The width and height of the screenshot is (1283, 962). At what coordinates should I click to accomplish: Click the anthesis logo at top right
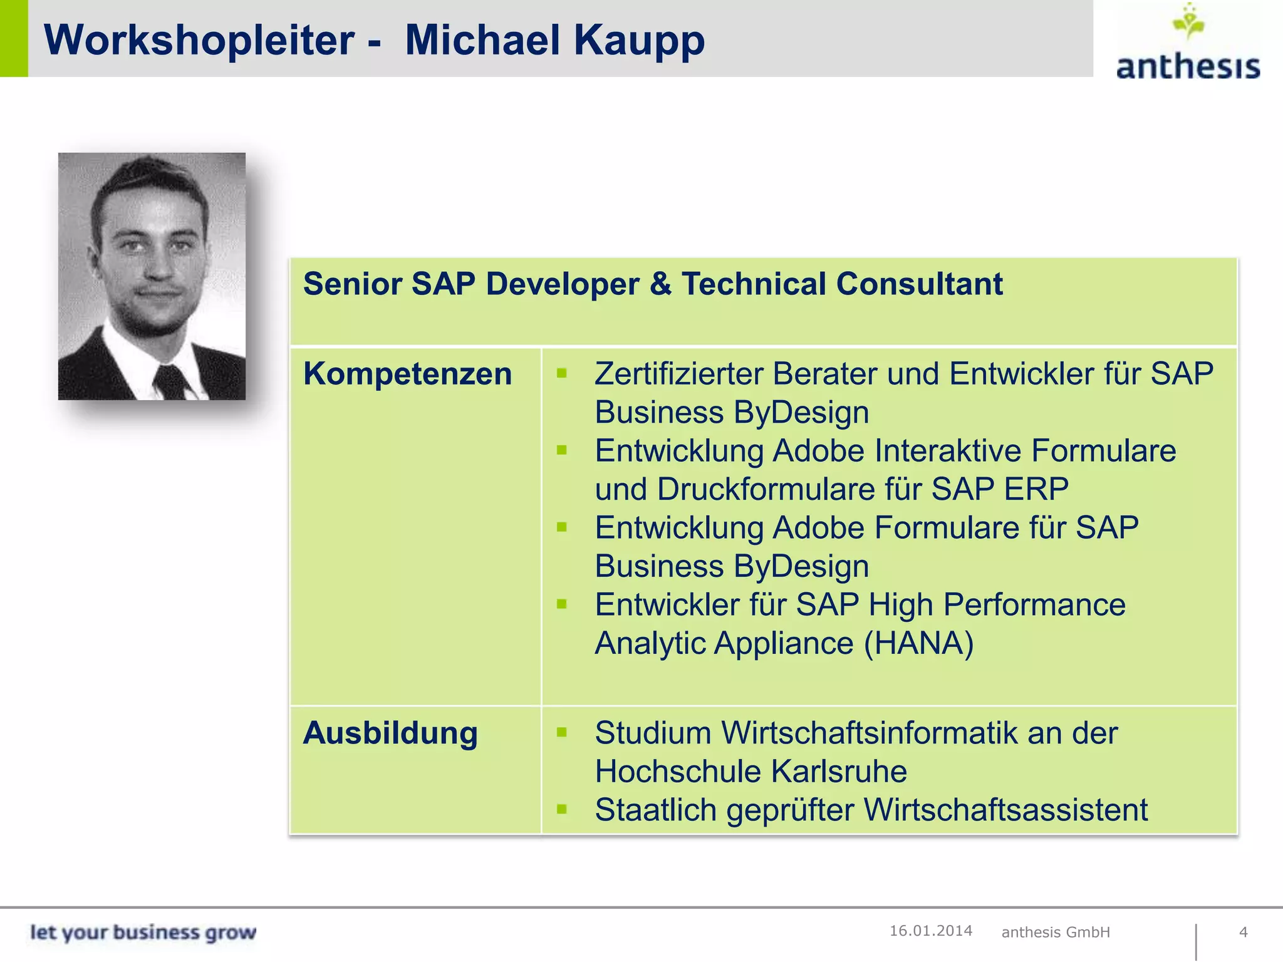point(1188,65)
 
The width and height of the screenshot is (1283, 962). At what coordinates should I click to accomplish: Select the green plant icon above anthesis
point(1188,23)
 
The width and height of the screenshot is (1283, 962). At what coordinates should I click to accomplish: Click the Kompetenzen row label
point(407,374)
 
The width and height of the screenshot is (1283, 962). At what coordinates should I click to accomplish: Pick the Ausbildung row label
point(390,733)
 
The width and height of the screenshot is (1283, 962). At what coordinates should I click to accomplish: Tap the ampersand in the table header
point(660,284)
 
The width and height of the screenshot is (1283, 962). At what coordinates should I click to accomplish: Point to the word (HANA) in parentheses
point(918,643)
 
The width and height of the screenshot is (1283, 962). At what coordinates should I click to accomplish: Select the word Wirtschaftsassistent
point(1006,810)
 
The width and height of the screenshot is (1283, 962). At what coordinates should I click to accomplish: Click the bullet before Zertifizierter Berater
point(561,374)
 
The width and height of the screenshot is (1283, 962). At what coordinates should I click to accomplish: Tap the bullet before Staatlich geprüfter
point(561,809)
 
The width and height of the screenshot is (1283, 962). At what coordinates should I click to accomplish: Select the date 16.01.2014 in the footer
point(931,931)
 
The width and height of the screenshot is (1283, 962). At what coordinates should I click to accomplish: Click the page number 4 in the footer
point(1244,932)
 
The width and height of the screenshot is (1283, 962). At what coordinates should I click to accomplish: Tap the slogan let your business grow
point(143,932)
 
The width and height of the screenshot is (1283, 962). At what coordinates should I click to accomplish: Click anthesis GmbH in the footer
point(1056,932)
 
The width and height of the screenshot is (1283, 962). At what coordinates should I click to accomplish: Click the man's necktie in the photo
point(170,381)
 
